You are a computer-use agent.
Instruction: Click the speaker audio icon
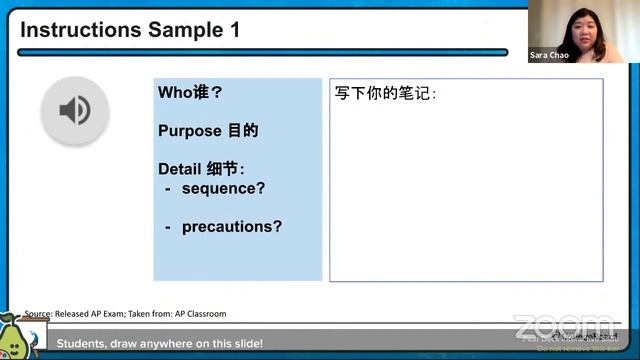74,109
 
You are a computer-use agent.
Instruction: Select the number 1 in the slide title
235,30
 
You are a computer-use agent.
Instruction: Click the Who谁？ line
190,93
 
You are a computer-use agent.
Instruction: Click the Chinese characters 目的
243,131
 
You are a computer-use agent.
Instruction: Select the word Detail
179,169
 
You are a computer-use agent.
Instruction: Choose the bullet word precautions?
231,226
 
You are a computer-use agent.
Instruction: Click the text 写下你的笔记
385,94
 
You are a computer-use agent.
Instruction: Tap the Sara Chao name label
550,55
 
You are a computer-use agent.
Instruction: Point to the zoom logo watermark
565,326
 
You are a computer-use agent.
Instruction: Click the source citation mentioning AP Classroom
125,313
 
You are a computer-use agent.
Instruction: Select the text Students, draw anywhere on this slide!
160,344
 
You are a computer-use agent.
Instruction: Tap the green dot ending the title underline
504,52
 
